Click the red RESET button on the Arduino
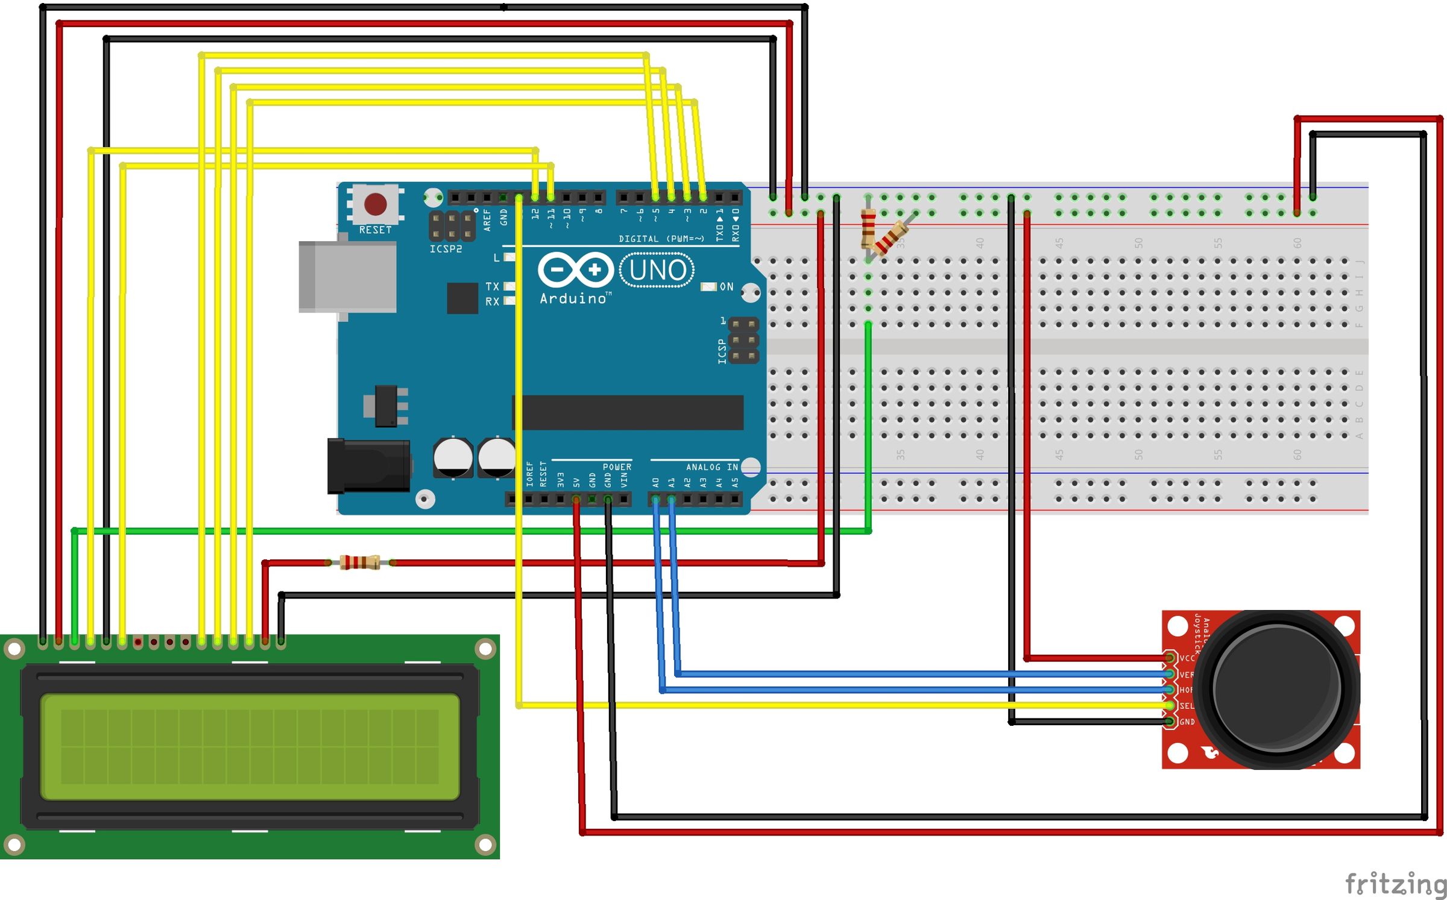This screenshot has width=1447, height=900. point(375,204)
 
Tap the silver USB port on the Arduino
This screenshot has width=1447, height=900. point(348,277)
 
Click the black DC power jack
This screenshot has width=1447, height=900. point(368,465)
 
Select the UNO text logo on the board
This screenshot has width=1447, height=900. point(657,270)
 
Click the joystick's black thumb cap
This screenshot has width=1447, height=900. point(1276,688)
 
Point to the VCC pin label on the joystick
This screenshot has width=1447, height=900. point(1187,658)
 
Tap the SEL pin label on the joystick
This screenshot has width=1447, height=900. point(1186,706)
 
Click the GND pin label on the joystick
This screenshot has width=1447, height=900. point(1187,722)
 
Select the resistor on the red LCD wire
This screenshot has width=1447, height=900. point(360,562)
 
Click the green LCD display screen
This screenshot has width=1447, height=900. point(250,747)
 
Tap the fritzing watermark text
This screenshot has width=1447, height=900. point(1395,884)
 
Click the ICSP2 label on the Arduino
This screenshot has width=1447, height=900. point(446,249)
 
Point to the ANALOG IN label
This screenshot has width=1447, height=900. point(711,467)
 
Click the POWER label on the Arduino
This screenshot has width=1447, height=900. point(617,467)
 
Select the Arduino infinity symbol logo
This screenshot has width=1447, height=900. point(575,269)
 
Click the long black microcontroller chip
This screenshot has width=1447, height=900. point(630,412)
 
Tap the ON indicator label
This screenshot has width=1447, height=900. point(727,287)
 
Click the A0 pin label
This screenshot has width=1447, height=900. point(655,482)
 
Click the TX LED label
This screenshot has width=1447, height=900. point(492,286)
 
